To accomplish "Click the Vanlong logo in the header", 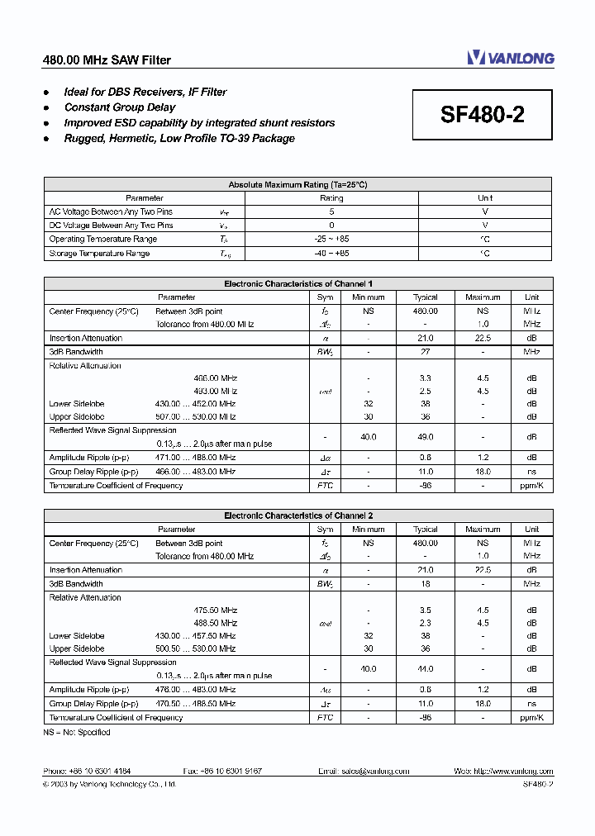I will (510, 58).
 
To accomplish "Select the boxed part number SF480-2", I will (482, 115).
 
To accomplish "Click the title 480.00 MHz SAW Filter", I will (107, 60).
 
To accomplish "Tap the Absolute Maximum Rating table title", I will (297, 185).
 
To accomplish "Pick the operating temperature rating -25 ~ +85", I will (331, 239).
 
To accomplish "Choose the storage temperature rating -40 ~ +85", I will (331, 253).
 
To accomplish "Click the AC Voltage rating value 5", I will (331, 211).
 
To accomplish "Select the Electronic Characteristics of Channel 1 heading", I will (297, 283).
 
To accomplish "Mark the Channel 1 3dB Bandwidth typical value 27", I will (425, 352).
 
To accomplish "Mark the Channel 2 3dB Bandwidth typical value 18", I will (425, 584).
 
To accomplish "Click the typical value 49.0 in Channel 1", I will (425, 437).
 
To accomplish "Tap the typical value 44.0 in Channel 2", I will (425, 669).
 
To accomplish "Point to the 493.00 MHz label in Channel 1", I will (215, 391).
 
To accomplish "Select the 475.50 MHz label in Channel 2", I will (215, 610).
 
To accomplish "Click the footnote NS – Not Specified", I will (76, 732).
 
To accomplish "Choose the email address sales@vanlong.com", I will (364, 771).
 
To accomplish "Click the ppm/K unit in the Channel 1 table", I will (531, 486).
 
